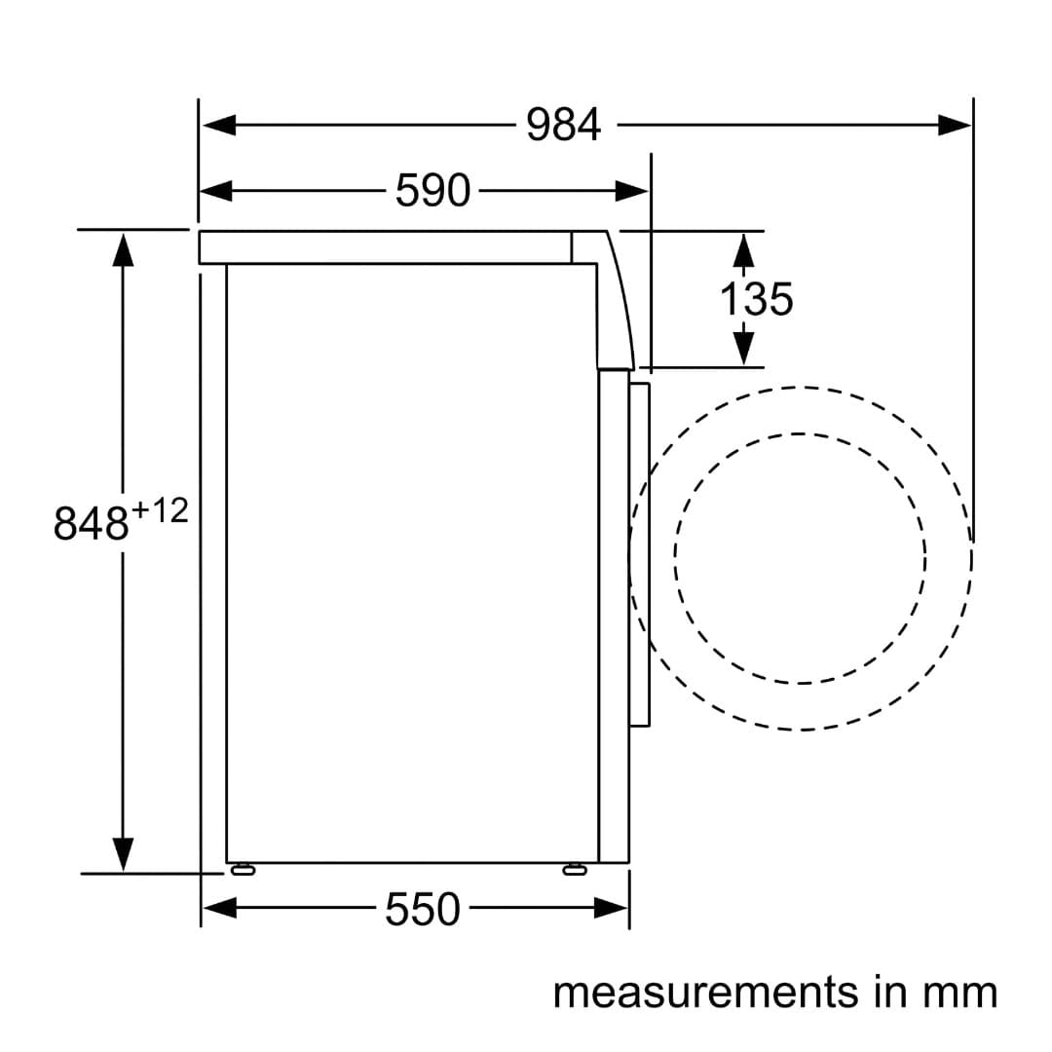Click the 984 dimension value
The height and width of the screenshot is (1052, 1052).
pyautogui.click(x=563, y=126)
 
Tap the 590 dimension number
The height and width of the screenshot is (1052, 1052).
pyautogui.click(x=432, y=191)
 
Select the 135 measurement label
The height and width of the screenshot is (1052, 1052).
pyautogui.click(x=756, y=299)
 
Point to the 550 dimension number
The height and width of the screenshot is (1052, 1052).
pyautogui.click(x=423, y=909)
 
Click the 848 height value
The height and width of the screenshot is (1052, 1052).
pyautogui.click(x=91, y=523)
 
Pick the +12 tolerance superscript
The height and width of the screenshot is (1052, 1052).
pyautogui.click(x=161, y=511)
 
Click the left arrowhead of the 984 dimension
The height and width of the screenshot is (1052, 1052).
pyautogui.click(x=219, y=125)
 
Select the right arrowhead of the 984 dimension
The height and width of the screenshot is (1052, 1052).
pyautogui.click(x=954, y=125)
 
